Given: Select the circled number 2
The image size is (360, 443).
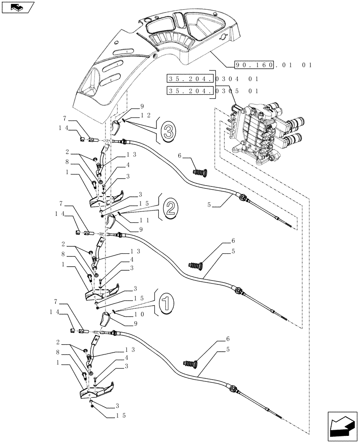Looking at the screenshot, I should (171, 207).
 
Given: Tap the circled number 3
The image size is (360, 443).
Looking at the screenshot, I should (168, 131).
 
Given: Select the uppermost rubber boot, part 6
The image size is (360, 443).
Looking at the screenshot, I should (202, 171).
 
